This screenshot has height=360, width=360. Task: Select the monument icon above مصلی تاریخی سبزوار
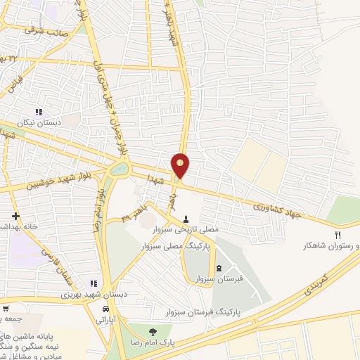click(186, 218)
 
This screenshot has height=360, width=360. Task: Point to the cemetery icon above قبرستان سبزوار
click(218, 267)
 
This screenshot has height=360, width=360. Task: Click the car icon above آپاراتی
click(105, 309)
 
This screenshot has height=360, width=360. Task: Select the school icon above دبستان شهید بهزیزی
click(94, 283)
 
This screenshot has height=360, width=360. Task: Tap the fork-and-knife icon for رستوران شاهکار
click(337, 235)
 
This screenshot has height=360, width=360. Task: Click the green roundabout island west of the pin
click(120, 169)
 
